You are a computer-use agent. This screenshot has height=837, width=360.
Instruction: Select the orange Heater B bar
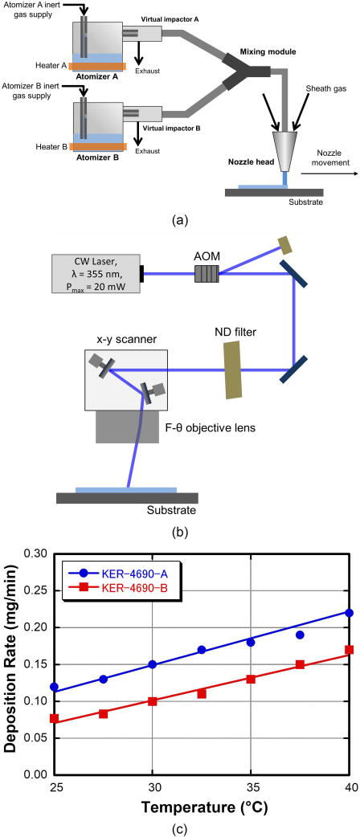coord(96,145)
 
